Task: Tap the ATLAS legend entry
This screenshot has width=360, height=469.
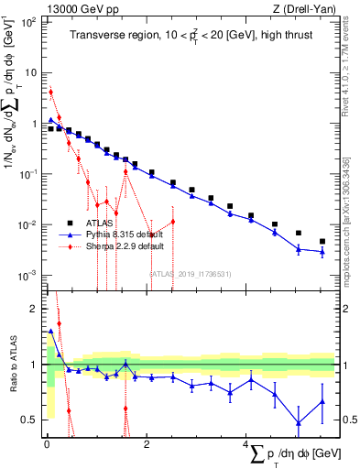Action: coord(87,223)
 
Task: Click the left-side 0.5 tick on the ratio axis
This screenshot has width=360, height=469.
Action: coord(30,420)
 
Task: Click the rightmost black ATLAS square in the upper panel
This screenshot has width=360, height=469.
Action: coord(322,242)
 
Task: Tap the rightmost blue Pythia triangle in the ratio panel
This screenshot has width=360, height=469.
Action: coord(322,401)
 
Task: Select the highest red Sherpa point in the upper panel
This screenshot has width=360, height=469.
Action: coord(51,92)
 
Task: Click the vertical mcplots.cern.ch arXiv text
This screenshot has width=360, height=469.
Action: coord(345,220)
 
